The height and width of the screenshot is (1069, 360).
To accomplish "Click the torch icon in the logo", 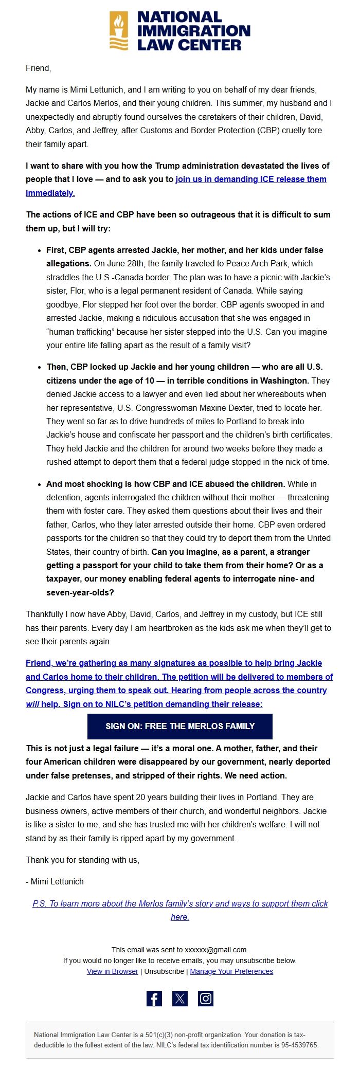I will click(x=119, y=30).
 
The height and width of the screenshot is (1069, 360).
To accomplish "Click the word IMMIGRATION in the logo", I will click(x=193, y=31).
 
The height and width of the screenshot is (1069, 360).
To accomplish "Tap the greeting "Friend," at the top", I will click(x=39, y=68).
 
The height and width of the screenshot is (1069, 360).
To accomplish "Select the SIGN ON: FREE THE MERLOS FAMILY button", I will click(x=180, y=726).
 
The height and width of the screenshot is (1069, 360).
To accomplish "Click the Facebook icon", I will click(x=154, y=998).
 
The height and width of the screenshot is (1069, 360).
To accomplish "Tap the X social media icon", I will click(x=180, y=998).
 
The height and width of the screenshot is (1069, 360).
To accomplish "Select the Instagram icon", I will click(x=206, y=998).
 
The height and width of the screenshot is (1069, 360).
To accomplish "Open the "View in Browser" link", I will click(x=112, y=971).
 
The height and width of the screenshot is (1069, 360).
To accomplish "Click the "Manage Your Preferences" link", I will click(x=231, y=971).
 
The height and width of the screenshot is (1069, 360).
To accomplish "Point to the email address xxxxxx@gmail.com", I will click(x=216, y=950).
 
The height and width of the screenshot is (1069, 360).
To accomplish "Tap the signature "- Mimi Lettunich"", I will click(x=55, y=881).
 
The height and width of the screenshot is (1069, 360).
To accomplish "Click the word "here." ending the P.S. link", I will click(x=180, y=917).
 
